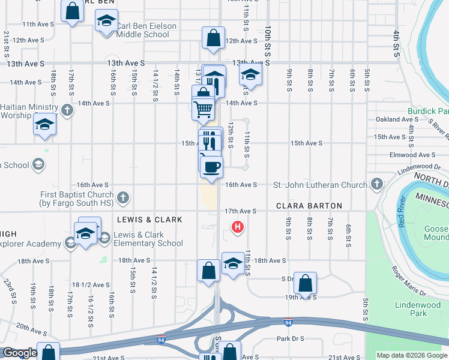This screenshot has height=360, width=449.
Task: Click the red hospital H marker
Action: [238, 227]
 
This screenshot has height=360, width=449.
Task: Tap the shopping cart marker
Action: [203, 109]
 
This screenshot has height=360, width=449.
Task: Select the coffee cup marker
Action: [211, 166]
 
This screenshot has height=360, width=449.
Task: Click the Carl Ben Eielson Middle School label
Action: [143, 31]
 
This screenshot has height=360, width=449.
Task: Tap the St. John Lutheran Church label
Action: [320, 185]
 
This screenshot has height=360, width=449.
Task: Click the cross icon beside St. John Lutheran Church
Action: [376, 184]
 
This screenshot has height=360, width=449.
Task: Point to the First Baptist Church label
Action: [77, 199]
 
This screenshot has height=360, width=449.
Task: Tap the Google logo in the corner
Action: [19, 353]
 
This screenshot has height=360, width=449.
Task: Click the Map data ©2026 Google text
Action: [412, 355]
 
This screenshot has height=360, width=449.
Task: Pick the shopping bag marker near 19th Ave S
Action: [305, 283]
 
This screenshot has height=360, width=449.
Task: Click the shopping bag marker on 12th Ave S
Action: [213, 38]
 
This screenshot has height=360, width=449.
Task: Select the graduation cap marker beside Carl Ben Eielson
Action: [106, 22]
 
